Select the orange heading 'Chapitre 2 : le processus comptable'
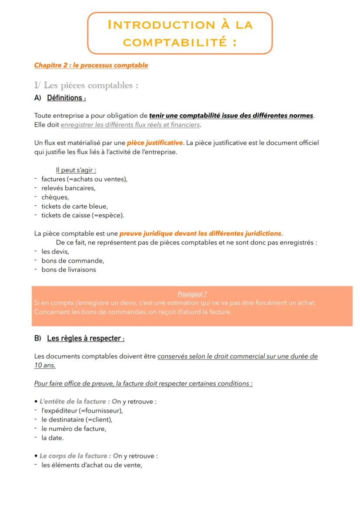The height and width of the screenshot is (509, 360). point(91,66)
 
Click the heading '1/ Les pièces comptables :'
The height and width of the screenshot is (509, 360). point(86,85)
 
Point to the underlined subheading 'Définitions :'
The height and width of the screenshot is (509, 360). point(66,98)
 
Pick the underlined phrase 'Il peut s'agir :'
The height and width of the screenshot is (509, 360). point(76,170)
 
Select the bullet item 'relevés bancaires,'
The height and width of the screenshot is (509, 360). point(68,188)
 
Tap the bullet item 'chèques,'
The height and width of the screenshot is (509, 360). point(55,197)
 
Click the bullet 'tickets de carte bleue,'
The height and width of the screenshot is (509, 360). point(74,206)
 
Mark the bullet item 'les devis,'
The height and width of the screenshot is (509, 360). point(55,251)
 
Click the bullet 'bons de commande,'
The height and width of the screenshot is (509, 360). point(73,260)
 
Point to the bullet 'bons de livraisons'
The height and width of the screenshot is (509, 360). point(69,269)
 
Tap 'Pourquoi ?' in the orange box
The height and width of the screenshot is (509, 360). point(192,294)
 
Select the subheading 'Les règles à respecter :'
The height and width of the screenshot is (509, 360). point(86,338)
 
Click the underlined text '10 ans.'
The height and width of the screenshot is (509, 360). point(45,366)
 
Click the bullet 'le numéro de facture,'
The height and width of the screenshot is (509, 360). point(74,429)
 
